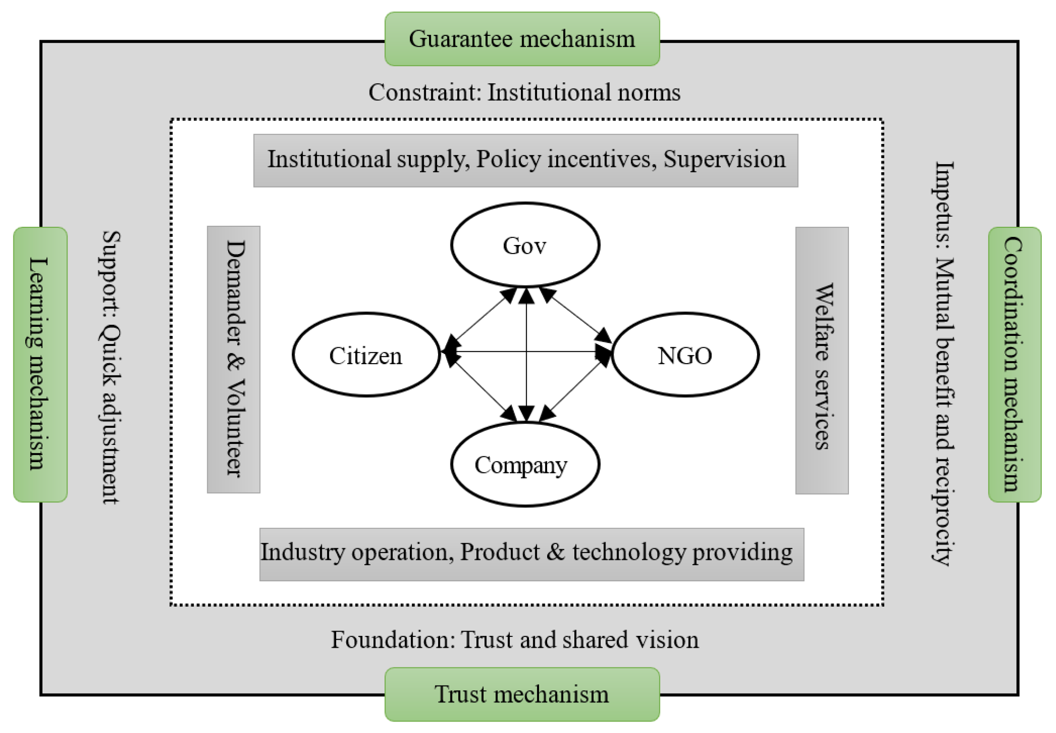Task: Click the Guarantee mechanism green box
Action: [522, 39]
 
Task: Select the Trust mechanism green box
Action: [522, 694]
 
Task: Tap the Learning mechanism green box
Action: [40, 364]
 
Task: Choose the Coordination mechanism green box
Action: [1014, 364]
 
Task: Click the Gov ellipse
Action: [525, 245]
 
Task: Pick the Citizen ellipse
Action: [366, 355]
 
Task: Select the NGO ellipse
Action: [685, 355]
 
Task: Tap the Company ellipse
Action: [525, 464]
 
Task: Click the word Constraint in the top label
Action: [423, 92]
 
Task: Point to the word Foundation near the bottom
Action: [392, 640]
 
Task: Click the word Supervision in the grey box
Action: [724, 159]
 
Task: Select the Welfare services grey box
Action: [822, 360]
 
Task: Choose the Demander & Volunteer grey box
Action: [233, 359]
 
